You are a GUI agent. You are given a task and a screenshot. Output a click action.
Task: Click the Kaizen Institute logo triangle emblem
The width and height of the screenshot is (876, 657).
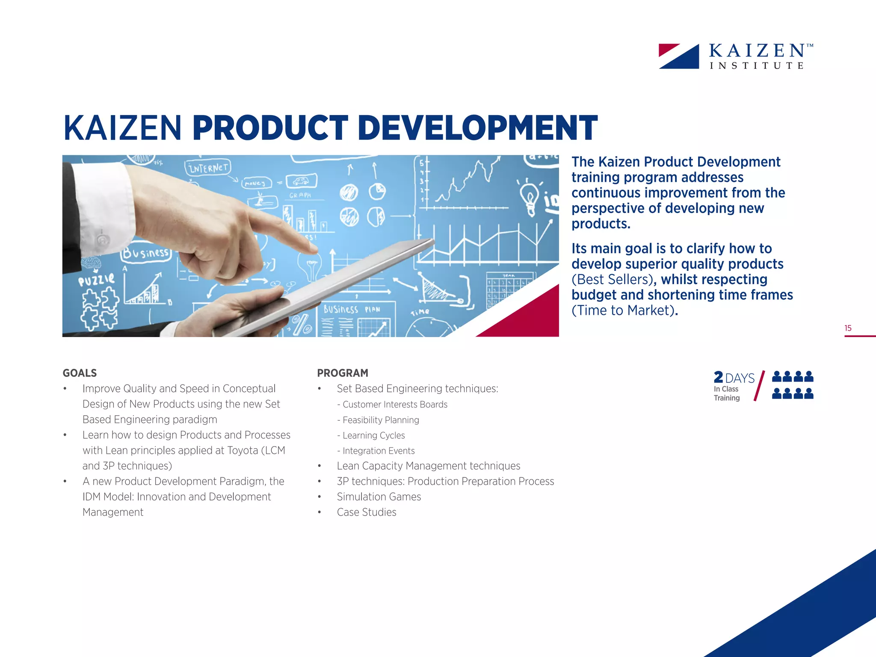point(679,56)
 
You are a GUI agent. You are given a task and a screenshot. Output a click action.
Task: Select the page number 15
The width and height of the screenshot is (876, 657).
point(848,328)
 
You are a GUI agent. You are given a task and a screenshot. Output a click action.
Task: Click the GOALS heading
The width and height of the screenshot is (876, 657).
point(80,373)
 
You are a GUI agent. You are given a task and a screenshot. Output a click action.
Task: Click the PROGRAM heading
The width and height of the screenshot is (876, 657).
point(343,373)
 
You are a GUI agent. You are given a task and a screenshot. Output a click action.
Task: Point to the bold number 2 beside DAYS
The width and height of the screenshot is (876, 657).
point(719,377)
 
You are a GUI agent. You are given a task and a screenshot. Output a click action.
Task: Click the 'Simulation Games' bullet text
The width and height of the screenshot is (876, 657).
point(379,497)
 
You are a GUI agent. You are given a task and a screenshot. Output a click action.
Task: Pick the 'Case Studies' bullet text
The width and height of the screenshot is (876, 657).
point(367,512)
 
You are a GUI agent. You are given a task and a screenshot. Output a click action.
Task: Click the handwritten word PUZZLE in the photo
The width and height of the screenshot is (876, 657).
point(96,280)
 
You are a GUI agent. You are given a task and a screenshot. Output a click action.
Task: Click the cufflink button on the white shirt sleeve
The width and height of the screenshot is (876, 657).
point(102,240)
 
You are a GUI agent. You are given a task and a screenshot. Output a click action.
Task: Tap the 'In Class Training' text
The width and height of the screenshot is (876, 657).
point(726,394)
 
